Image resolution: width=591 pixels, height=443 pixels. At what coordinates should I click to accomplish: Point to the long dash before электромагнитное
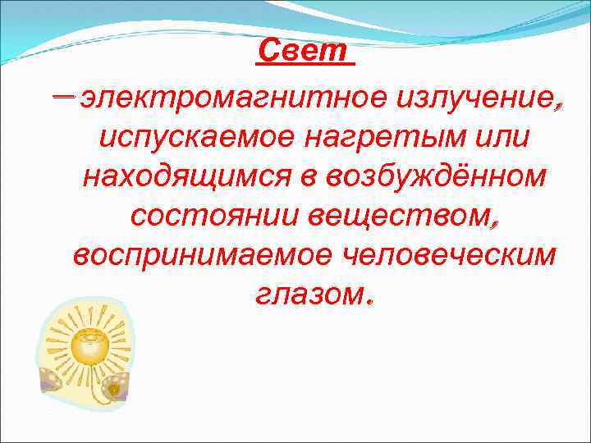point(62,97)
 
